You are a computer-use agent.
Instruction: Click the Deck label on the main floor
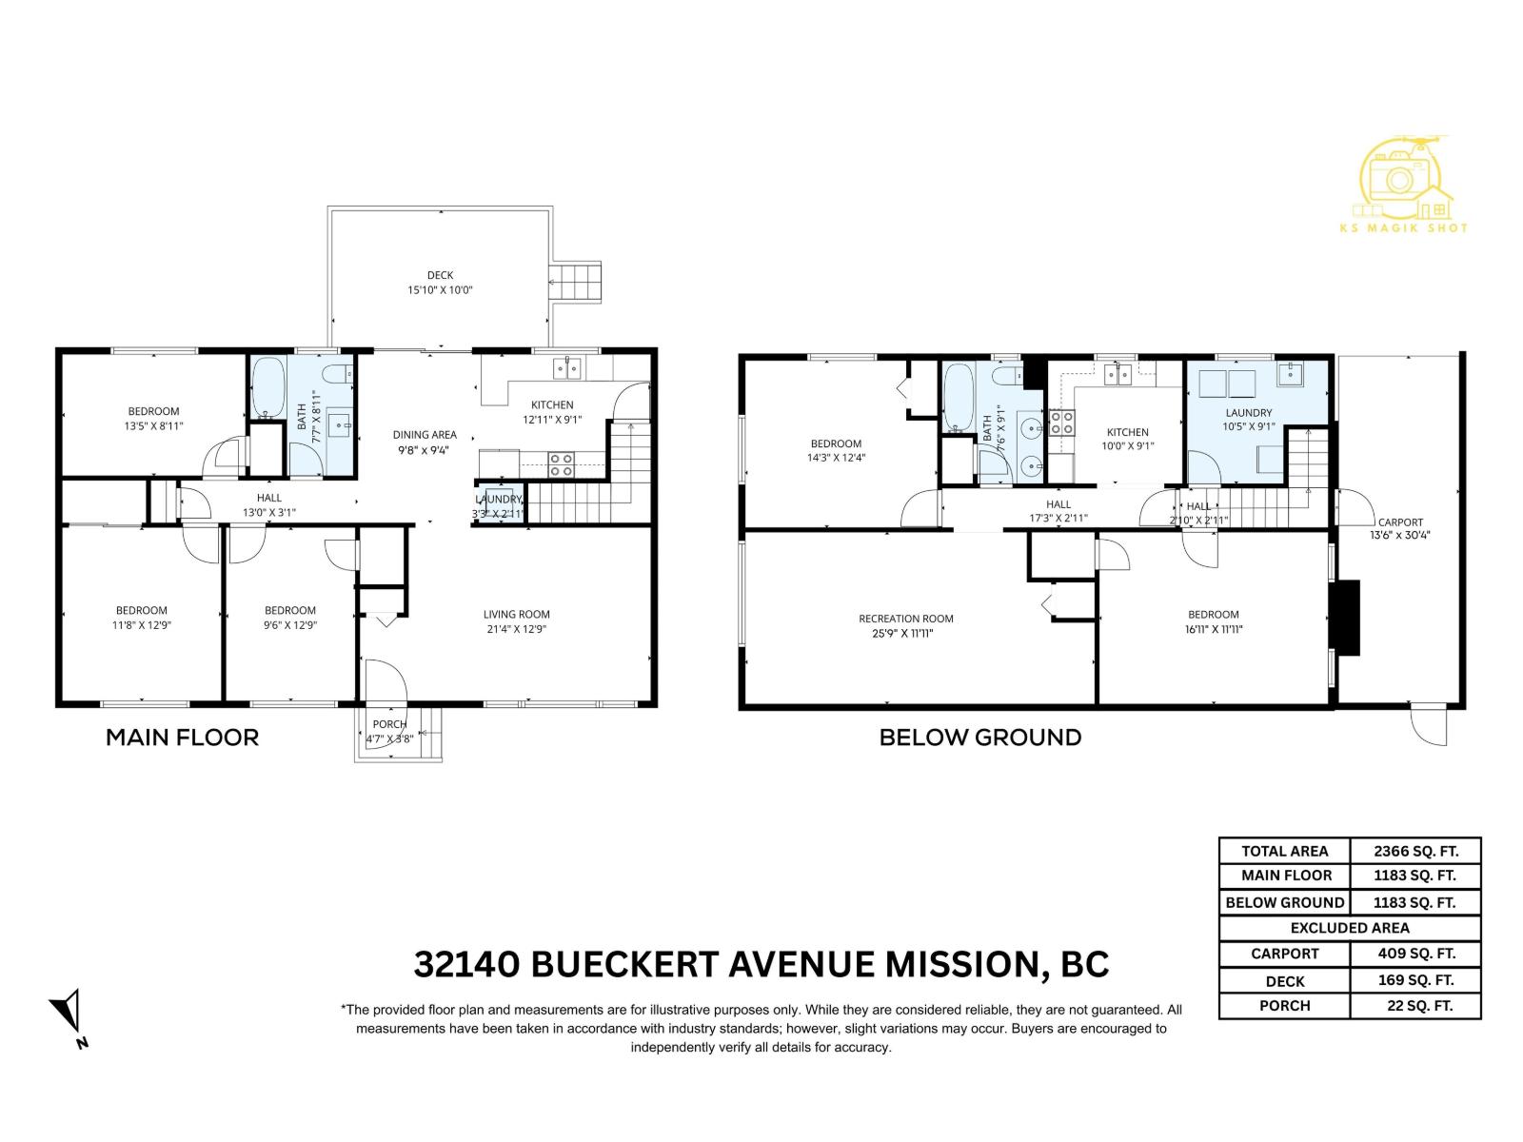pyautogui.click(x=440, y=275)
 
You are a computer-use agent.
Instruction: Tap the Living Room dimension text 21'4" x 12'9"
pyautogui.click(x=516, y=628)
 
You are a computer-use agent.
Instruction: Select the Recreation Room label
pyautogui.click(x=905, y=619)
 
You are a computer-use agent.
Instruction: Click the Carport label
pyautogui.click(x=1400, y=522)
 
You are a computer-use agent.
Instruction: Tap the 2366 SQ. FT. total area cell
pyautogui.click(x=1414, y=851)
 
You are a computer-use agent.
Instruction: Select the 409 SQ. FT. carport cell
pyautogui.click(x=1414, y=954)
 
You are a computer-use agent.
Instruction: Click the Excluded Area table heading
pyautogui.click(x=1349, y=928)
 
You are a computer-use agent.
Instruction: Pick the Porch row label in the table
pyautogui.click(x=1284, y=1005)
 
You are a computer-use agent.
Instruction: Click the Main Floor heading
pyautogui.click(x=182, y=737)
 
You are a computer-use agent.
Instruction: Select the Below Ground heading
pyautogui.click(x=979, y=737)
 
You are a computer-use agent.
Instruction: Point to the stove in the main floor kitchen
pyautogui.click(x=561, y=464)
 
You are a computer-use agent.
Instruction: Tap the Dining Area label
pyautogui.click(x=425, y=435)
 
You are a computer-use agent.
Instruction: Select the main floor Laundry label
pyautogui.click(x=498, y=499)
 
